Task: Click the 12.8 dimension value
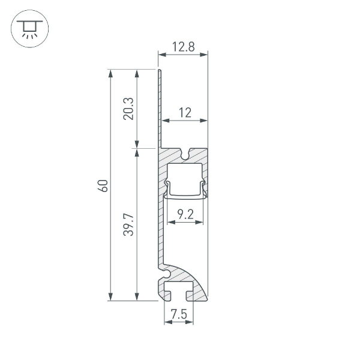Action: point(183,46)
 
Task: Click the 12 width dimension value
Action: point(184,112)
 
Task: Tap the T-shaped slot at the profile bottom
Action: point(178,293)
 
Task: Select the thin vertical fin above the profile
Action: point(160,108)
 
